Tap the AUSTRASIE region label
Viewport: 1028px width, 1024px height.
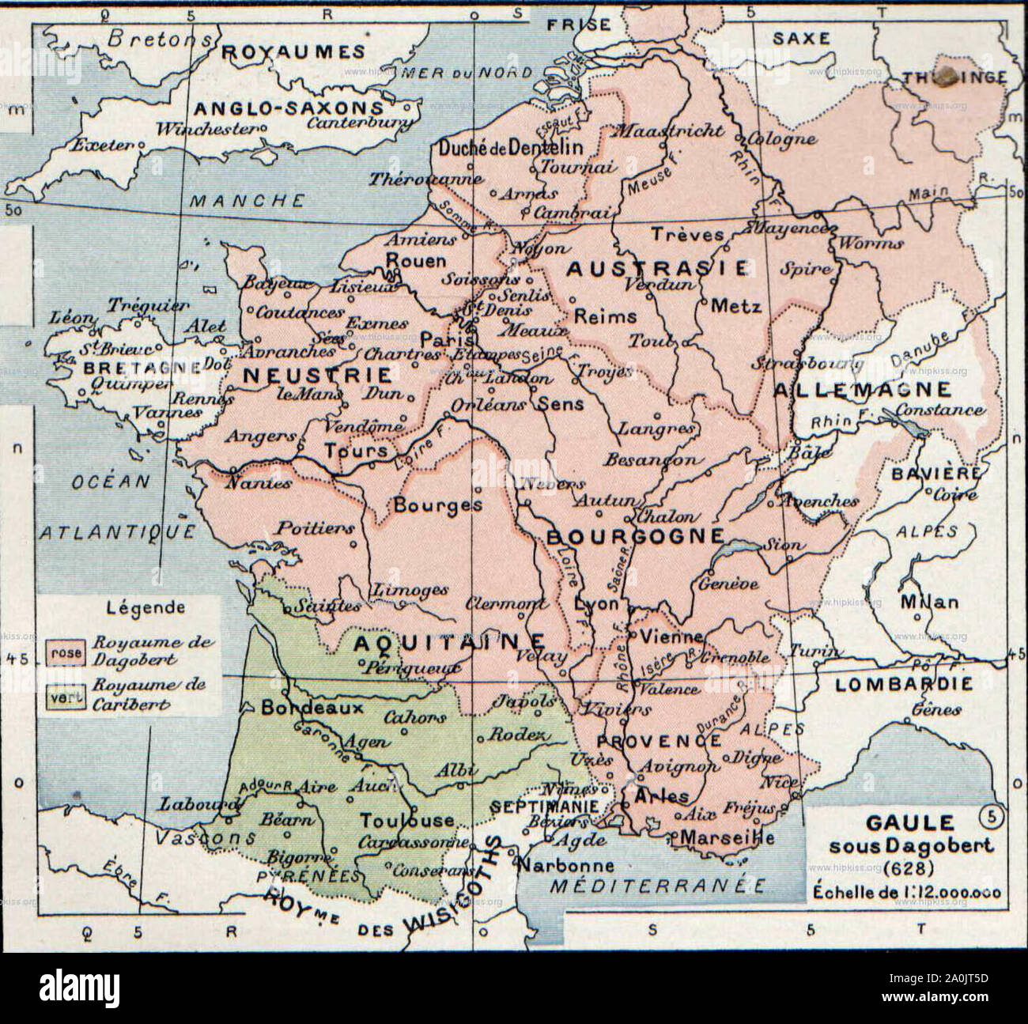(x=656, y=269)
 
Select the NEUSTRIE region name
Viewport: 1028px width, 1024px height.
(x=317, y=375)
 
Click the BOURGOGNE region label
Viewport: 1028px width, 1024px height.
(x=635, y=537)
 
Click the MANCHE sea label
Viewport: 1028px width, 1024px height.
(x=246, y=200)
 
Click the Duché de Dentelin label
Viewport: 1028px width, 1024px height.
(x=510, y=147)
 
